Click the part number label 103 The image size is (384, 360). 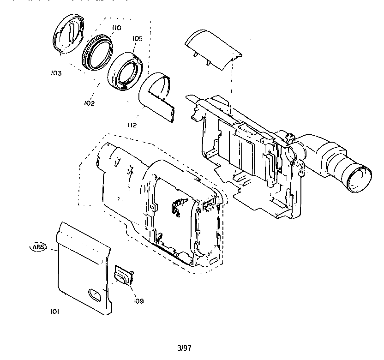coord(57,72)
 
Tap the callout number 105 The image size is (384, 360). coord(137,39)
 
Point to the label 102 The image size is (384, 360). coord(89,103)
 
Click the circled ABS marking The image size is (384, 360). coord(38,247)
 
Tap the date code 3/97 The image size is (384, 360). coord(184,348)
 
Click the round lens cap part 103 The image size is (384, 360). coord(67,36)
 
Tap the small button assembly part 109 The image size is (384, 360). coord(123,277)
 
